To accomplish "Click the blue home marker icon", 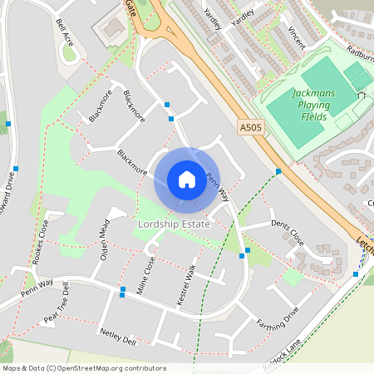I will click(x=187, y=180).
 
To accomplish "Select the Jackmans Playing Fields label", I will click(x=313, y=105).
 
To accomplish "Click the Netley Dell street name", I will click(x=117, y=336).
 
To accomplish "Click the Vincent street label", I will click(x=294, y=37).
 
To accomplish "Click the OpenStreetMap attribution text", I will click(x=84, y=368).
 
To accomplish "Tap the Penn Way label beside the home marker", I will click(x=217, y=186).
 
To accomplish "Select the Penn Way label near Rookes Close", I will click(x=37, y=288).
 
